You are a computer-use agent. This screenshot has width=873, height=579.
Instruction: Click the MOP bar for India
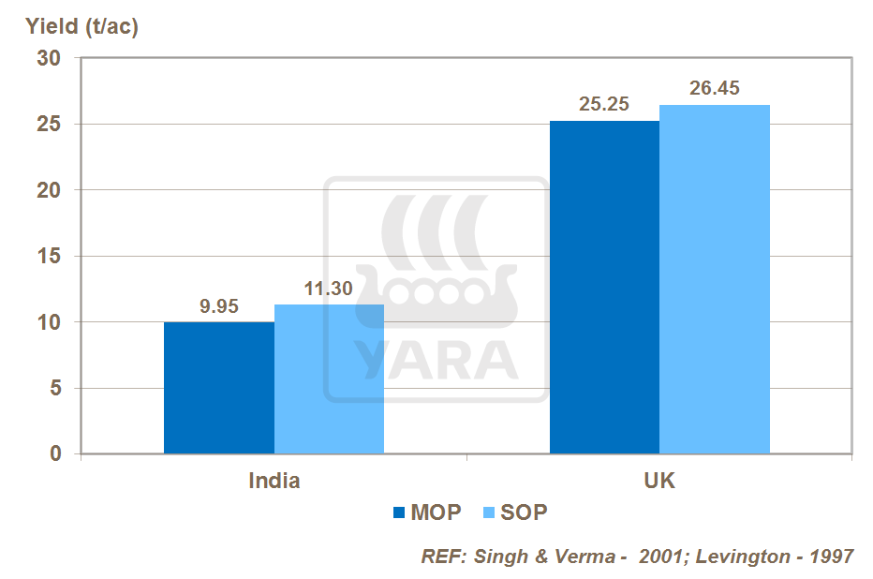tap(219, 388)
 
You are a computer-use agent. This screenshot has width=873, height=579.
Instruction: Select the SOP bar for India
tap(329, 379)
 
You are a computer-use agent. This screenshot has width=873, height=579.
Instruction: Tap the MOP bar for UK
tap(604, 288)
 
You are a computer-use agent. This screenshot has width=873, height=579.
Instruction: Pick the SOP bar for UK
tap(715, 279)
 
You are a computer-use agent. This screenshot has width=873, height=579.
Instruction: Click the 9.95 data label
tap(219, 306)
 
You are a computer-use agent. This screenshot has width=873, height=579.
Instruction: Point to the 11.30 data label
tap(329, 289)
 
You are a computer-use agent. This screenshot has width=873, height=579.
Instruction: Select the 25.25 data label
tap(604, 105)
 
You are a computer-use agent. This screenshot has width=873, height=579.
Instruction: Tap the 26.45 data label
tap(715, 89)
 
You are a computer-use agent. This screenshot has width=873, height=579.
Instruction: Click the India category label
tap(274, 482)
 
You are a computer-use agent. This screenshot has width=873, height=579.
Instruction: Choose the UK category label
tap(659, 482)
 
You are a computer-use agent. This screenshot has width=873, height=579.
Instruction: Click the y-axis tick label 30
tap(49, 58)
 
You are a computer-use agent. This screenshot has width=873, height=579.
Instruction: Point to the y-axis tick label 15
tap(49, 257)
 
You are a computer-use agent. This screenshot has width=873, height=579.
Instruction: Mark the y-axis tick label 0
tap(54, 454)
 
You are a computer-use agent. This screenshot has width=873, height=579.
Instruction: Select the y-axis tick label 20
tap(49, 190)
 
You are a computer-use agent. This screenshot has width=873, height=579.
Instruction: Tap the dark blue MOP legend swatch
tap(398, 512)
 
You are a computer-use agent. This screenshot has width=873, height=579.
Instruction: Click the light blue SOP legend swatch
tap(487, 512)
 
